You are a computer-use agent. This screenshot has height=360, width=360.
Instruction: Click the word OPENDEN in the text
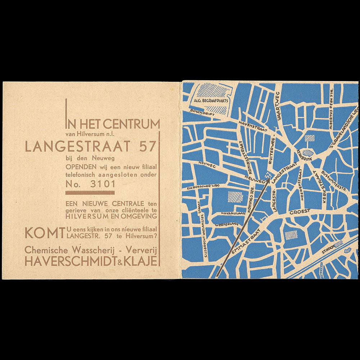point(81,167)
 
